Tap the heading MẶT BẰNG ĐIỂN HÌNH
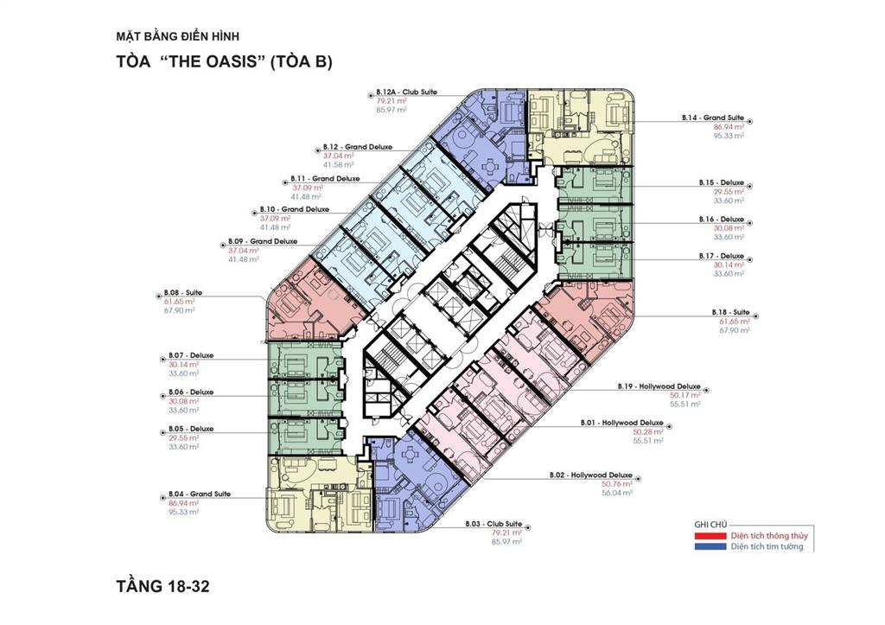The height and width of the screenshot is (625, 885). (x=176, y=36)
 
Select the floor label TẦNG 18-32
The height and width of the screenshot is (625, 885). (x=162, y=586)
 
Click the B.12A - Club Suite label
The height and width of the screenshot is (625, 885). (x=403, y=92)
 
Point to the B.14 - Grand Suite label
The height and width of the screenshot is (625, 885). (x=711, y=118)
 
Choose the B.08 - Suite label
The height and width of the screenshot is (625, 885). (x=182, y=293)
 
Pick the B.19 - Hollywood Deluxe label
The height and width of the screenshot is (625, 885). (x=659, y=386)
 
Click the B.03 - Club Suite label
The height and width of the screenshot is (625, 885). (x=493, y=524)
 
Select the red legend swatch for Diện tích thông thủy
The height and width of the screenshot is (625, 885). (x=710, y=535)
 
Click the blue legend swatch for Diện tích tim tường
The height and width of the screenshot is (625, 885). (x=710, y=546)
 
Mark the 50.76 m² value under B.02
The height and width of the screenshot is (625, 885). (x=617, y=484)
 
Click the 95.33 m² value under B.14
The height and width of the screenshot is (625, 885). (x=728, y=136)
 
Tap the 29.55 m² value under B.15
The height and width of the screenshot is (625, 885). (x=728, y=192)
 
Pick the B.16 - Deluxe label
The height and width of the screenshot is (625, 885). (x=721, y=220)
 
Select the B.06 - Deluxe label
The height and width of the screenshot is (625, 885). (x=190, y=392)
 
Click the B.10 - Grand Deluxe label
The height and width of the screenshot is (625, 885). (x=294, y=209)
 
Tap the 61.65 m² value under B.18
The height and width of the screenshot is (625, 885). (x=734, y=321)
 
